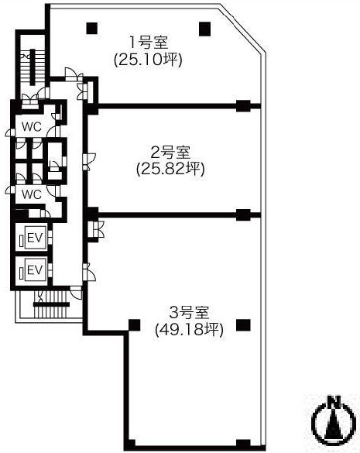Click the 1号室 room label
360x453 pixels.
148,43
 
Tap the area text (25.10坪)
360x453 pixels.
148,60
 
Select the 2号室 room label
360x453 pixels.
170,153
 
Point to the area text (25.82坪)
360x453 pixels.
170,169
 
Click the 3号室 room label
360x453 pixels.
189,312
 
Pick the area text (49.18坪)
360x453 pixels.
189,329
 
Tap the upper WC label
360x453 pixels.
32,126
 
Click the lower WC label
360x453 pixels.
32,194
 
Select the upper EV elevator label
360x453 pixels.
35,238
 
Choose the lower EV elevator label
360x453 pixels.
35,270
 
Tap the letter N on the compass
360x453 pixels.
335,401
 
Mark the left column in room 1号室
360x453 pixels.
92,29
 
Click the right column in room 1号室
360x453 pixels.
205,29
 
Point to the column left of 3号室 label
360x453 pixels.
134,325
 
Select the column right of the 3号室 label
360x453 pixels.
243,325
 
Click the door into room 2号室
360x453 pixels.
89,162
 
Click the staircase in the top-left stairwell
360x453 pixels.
32,67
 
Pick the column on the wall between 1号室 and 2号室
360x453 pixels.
243,106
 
